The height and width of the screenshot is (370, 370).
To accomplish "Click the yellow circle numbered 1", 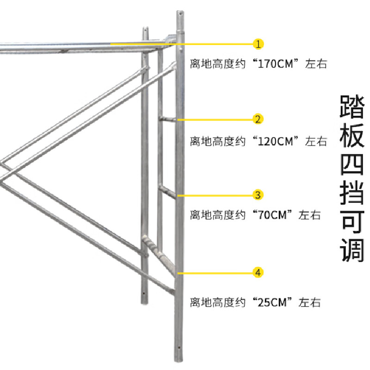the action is pyautogui.click(x=259, y=44).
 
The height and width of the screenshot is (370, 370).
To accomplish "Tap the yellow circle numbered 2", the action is pyautogui.click(x=259, y=119).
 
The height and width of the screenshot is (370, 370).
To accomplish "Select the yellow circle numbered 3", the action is pyautogui.click(x=259, y=195).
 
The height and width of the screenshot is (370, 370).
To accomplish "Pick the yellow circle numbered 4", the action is pyautogui.click(x=259, y=273).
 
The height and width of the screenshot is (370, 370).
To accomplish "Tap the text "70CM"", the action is pyautogui.click(x=273, y=215).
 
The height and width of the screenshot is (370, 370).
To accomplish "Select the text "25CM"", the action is pyautogui.click(x=273, y=303).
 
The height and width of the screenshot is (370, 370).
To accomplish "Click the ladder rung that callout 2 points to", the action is pyautogui.click(x=167, y=119).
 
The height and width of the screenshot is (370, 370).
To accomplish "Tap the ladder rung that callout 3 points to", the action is pyautogui.click(x=167, y=190).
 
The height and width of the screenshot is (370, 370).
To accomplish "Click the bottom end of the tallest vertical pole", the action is pyautogui.click(x=179, y=361).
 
